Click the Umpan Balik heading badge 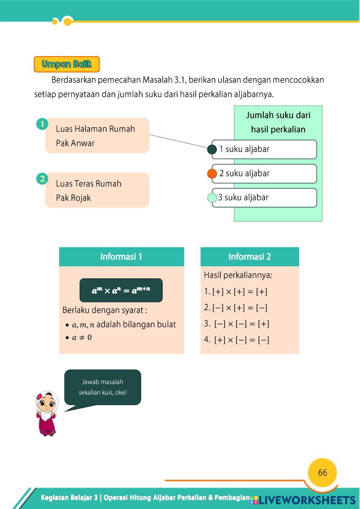[x=67, y=64]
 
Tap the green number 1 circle [x=42, y=124]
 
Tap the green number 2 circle [x=42, y=179]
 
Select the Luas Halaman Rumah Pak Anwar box [x=97, y=136]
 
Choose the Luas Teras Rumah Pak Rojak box [x=97, y=190]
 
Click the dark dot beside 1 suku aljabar [x=212, y=149]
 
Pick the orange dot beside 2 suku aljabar [x=212, y=174]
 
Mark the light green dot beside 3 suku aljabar [x=212, y=198]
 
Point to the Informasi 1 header [x=121, y=257]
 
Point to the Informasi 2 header [x=249, y=257]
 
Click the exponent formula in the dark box [x=121, y=290]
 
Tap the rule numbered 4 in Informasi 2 [x=237, y=340]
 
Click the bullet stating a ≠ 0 [x=79, y=338]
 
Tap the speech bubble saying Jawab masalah [x=103, y=387]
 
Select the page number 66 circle [x=322, y=473]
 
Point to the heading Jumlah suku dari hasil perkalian [x=278, y=122]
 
